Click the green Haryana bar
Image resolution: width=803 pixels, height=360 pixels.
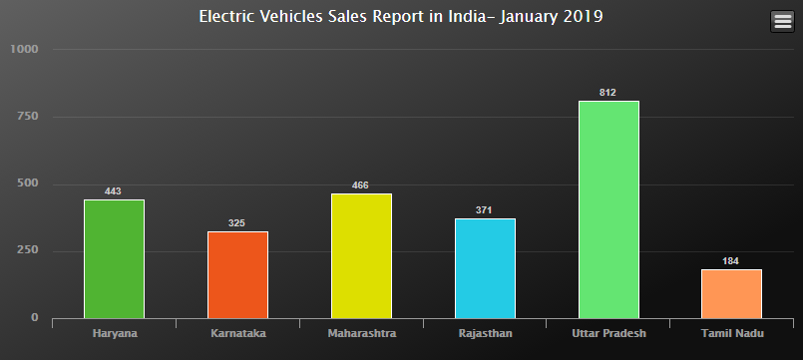114,259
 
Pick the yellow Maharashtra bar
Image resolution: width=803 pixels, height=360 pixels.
361,256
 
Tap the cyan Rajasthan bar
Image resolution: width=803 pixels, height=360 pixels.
485,268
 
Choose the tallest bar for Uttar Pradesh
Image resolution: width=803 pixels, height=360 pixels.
608,209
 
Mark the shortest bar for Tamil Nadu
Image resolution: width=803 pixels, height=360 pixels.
731,293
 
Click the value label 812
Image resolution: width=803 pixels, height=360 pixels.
608,93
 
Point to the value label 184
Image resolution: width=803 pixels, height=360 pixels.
731,261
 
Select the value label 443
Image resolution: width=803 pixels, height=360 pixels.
114,191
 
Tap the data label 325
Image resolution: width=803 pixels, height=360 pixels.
237,223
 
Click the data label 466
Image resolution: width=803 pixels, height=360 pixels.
361,185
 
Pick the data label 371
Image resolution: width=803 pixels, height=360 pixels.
485,210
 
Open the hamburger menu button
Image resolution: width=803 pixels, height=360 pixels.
782,21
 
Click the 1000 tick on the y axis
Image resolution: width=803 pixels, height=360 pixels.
24,50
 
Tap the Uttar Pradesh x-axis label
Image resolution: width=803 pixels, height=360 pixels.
608,333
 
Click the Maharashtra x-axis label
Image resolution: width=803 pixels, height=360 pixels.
361,333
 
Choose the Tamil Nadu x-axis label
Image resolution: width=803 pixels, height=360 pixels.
731,333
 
